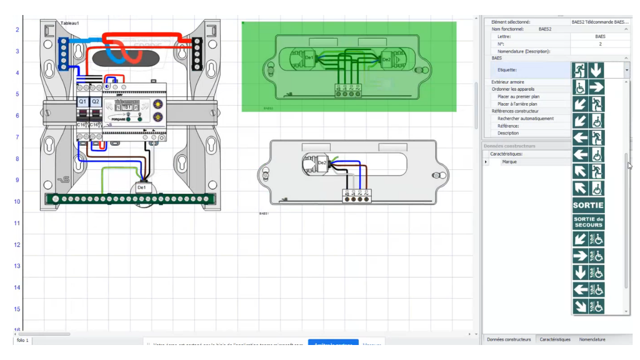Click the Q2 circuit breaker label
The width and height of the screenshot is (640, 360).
[x=96, y=101]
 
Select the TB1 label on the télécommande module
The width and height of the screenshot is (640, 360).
[x=126, y=107]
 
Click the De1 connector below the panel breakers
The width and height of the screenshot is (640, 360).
[x=141, y=187]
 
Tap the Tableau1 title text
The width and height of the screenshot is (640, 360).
[x=69, y=23]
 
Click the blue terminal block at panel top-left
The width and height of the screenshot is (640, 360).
[x=62, y=54]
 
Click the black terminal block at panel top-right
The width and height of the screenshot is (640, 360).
[x=197, y=54]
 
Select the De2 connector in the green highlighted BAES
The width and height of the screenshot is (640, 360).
[x=386, y=59]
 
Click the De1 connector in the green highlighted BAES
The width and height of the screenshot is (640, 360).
[x=309, y=58]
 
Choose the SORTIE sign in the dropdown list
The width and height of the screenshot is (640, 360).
[x=588, y=205]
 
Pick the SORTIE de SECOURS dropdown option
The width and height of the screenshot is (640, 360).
[x=588, y=222]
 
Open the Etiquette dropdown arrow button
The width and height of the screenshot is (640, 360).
[x=626, y=71]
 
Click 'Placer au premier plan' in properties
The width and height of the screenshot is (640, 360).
[x=518, y=97]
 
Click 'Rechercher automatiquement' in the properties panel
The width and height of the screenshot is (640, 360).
[x=525, y=119]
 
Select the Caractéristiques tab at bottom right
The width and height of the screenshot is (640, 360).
[x=555, y=339]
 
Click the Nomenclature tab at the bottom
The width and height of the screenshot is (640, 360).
[x=592, y=339]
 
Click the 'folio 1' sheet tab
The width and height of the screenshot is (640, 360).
[x=22, y=341]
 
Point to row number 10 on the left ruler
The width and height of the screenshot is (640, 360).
[x=17, y=202]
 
